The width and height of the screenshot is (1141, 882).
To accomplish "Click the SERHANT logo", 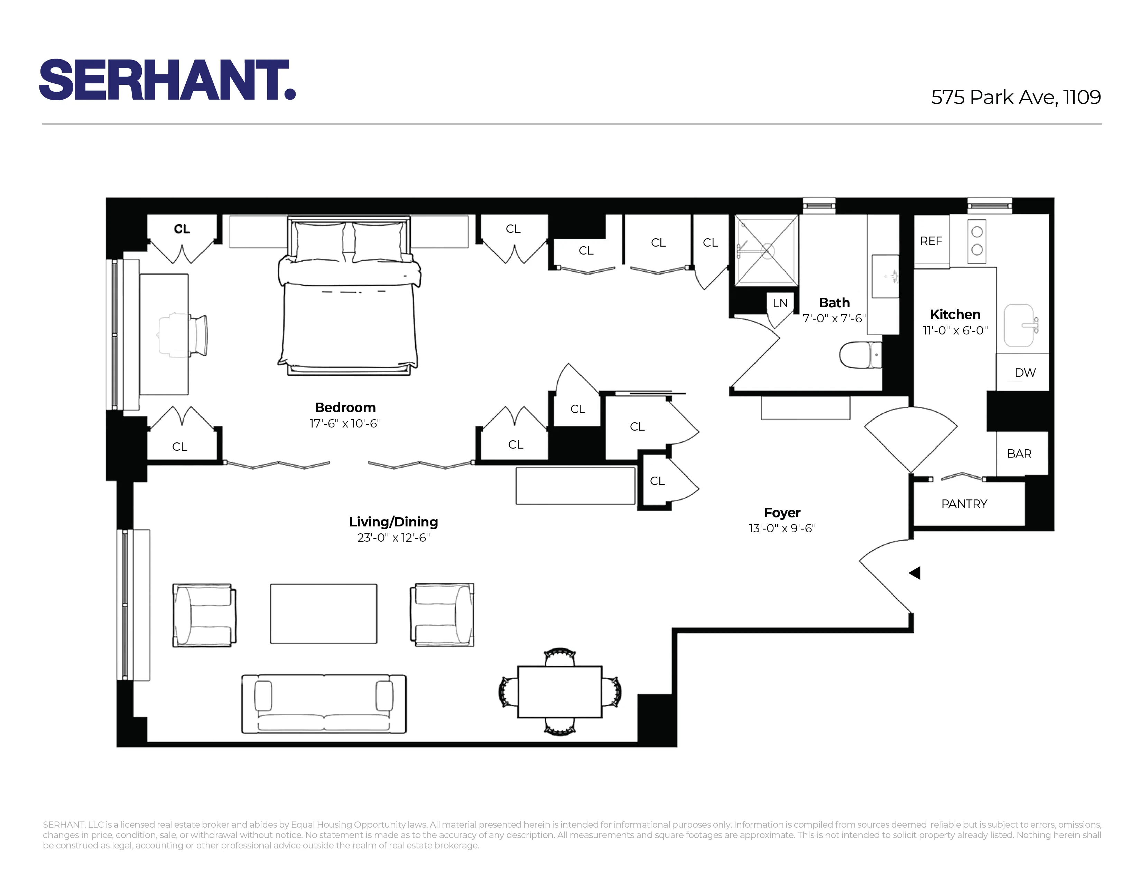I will click(x=167, y=80).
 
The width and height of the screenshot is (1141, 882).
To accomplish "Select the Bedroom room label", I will click(x=345, y=407).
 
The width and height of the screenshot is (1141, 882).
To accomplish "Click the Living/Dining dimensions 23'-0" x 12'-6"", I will click(x=393, y=538).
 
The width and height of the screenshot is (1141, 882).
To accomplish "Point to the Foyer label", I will click(x=782, y=513).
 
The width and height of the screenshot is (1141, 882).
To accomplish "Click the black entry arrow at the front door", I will click(x=915, y=573).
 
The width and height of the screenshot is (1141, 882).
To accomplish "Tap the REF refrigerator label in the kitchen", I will click(x=931, y=241).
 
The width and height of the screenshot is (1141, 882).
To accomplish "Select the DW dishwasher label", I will click(x=1024, y=373).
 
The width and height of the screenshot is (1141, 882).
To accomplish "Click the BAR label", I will click(x=1019, y=453).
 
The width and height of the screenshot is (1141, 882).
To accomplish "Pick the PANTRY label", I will click(x=964, y=504).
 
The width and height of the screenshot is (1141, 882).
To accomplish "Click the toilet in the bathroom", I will click(x=860, y=355).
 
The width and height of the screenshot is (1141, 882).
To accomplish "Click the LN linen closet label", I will click(x=780, y=303).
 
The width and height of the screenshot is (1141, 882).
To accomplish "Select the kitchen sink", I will click(x=1019, y=325).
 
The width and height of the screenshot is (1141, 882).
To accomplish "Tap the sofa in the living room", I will click(x=324, y=704).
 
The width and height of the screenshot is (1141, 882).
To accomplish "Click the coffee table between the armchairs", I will click(x=323, y=614).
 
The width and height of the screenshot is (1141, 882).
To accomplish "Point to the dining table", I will click(x=559, y=692).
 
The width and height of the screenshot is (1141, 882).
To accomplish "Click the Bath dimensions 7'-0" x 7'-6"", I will click(x=834, y=318).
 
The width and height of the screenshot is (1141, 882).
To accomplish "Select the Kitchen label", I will click(x=955, y=314).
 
